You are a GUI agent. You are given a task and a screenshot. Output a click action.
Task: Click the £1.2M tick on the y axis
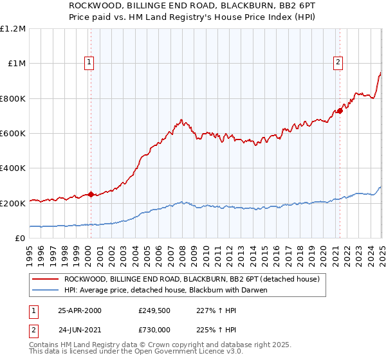(x=13, y=28)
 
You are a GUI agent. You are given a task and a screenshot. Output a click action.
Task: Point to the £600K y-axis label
(x=13, y=133)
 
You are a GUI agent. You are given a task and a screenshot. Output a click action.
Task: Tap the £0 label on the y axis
(x=21, y=238)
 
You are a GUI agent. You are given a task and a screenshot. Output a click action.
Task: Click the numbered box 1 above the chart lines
(x=88, y=62)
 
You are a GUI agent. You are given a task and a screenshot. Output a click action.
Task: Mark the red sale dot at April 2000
(x=91, y=194)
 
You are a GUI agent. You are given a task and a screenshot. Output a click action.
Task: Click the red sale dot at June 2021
(x=340, y=111)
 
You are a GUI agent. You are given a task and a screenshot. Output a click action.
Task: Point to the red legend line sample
(x=46, y=279)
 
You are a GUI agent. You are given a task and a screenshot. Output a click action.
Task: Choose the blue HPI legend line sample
(x=46, y=290)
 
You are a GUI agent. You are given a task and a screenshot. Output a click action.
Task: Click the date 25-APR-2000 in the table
(x=80, y=310)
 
